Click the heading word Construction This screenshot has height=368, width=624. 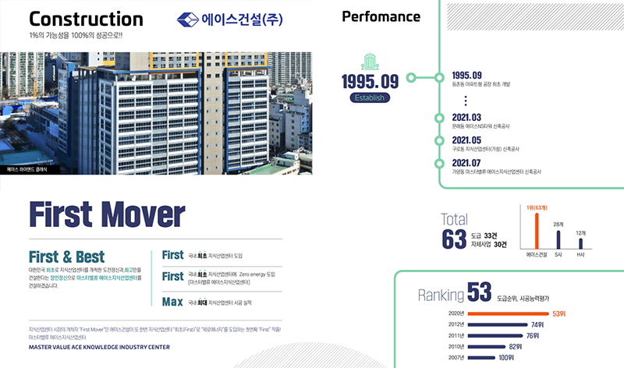click(86, 19)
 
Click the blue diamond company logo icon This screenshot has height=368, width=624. click(188, 20)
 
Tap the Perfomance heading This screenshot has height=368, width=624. click(381, 17)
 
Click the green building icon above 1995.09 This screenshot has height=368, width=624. click(370, 62)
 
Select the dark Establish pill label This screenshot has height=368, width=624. click(370, 97)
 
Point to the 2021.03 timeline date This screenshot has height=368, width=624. click(466, 117)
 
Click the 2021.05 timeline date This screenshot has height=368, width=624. click(466, 140)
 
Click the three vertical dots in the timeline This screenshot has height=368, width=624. click(465, 101)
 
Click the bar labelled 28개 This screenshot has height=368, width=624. click(558, 239)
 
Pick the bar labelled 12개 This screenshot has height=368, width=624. click(581, 243)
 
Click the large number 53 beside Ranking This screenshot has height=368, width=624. click(479, 294)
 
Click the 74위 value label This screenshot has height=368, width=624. click(537, 324)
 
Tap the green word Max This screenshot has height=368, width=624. click(172, 302)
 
